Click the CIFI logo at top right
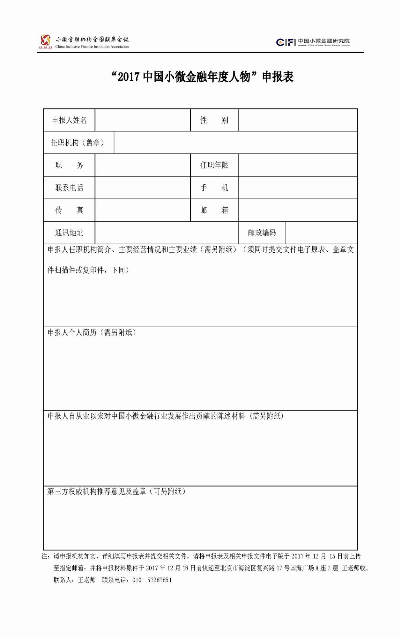tap(286, 42)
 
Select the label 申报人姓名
tap(69, 120)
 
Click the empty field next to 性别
tap(297, 120)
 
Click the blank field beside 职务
tap(143, 165)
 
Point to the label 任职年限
tap(214, 165)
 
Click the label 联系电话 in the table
tap(69, 188)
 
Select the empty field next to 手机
tap(297, 188)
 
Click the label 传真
tap(69, 210)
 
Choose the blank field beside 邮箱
tap(297, 210)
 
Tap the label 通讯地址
tap(69, 233)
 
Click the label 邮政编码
tap(262, 233)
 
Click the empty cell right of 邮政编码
tap(321, 233)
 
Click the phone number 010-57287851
tap(152, 580)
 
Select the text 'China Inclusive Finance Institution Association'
tap(92, 47)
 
